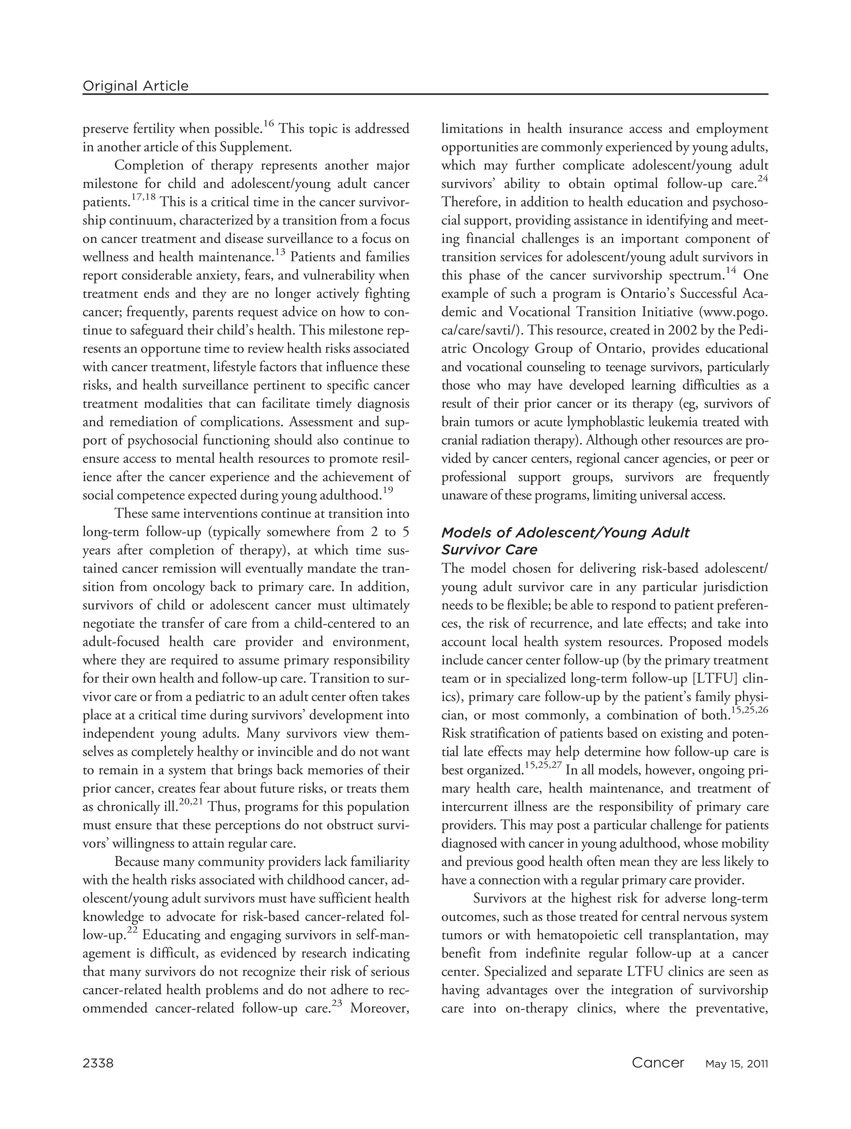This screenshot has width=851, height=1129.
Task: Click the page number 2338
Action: [98, 1063]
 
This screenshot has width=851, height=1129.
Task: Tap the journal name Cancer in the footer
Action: [657, 1063]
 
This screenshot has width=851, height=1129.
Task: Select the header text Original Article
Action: [135, 86]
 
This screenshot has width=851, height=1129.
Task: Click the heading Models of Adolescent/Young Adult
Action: [565, 533]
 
